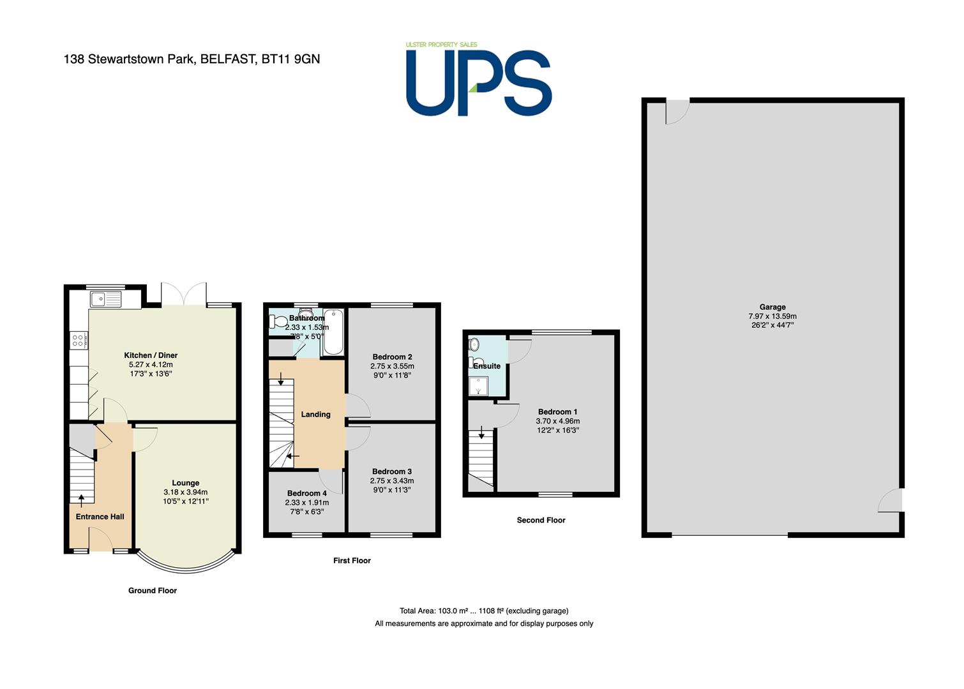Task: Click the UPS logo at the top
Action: [x=479, y=80]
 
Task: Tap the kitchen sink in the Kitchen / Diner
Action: [x=106, y=299]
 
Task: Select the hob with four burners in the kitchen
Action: [x=79, y=341]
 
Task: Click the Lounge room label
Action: [x=186, y=483]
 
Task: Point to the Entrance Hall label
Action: [x=100, y=517]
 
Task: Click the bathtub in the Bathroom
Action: [x=333, y=332]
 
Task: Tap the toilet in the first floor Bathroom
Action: [x=278, y=321]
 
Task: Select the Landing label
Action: [x=315, y=414]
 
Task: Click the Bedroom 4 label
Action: [x=307, y=493]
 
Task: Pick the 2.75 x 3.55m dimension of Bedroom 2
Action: [x=392, y=366]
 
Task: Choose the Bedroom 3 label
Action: [x=392, y=471]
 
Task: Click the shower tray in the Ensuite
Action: [x=478, y=386]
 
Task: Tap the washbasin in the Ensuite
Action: [x=474, y=344]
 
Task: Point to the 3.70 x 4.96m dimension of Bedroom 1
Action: [x=558, y=421]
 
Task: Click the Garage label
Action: [x=772, y=307]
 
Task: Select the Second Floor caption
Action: [x=541, y=520]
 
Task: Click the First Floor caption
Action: [x=352, y=560]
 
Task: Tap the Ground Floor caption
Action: [x=153, y=591]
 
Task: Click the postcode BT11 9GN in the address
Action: [x=290, y=59]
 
